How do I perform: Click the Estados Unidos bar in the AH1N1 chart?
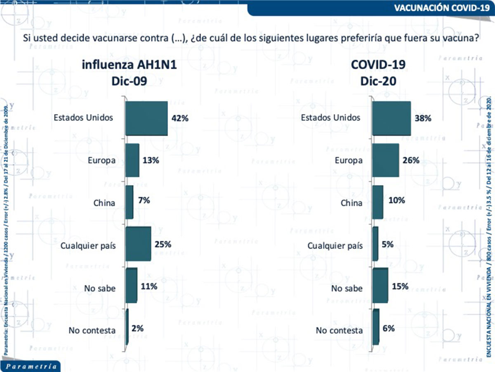[146, 118]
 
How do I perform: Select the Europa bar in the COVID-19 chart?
[385, 160]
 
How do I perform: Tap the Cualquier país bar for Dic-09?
[138, 244]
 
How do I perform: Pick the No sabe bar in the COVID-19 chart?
[380, 285]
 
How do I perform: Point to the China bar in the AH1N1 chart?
[129, 202]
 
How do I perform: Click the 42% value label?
[180, 118]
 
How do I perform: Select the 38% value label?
[423, 118]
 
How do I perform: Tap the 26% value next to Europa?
[411, 160]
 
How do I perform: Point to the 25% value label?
[163, 244]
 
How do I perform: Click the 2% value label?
[137, 329]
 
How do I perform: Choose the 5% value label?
[388, 244]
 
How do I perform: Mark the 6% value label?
[389, 329]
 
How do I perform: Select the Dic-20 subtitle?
[378, 81]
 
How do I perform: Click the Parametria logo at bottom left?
[30, 366]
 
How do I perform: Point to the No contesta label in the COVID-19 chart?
[339, 330]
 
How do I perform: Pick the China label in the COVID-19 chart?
[351, 203]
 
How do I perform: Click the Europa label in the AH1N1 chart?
[101, 160]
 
